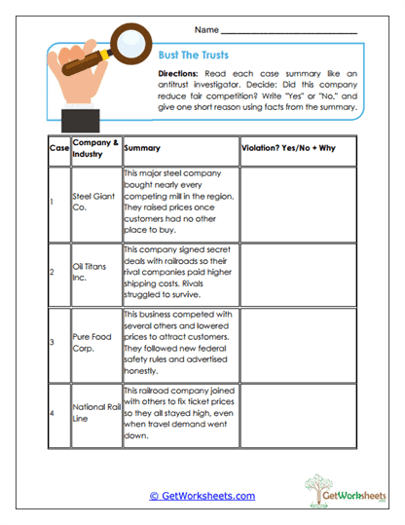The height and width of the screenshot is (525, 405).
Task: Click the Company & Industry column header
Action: (x=95, y=147)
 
